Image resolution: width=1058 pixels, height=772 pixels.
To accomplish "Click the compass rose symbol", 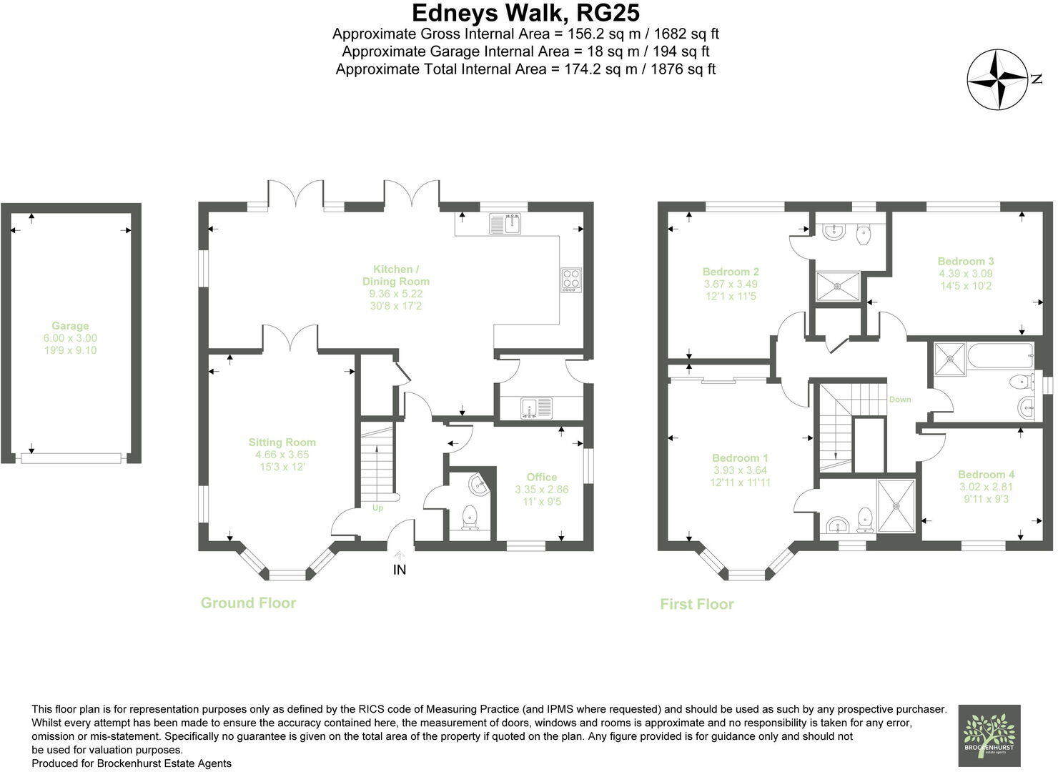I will tap(997, 79).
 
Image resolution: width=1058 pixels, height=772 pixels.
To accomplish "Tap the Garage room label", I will tap(70, 326).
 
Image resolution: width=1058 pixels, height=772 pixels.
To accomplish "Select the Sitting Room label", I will tap(282, 442).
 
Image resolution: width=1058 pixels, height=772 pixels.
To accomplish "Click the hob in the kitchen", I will tap(572, 277).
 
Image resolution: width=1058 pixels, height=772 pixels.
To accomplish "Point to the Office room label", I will tap(541, 477).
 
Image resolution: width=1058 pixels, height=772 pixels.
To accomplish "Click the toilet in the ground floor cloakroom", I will tap(470, 517).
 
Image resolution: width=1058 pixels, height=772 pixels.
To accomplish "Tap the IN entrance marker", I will tap(399, 570).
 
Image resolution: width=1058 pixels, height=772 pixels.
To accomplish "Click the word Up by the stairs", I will tap(377, 508).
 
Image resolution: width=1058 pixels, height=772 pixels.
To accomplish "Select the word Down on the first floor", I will tap(900, 400).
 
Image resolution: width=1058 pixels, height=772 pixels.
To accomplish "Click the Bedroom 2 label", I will tap(731, 272).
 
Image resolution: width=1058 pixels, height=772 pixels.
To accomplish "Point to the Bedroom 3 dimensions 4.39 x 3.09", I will tap(966, 274).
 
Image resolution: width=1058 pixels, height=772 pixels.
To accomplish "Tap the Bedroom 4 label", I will tap(986, 475).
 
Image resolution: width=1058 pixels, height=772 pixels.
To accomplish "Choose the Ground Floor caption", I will tap(248, 603).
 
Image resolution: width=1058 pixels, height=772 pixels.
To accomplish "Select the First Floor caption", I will tap(696, 604).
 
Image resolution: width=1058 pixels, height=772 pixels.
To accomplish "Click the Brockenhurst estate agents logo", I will tap(989, 736).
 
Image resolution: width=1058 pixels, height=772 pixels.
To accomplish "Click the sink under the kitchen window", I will tap(504, 224).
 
